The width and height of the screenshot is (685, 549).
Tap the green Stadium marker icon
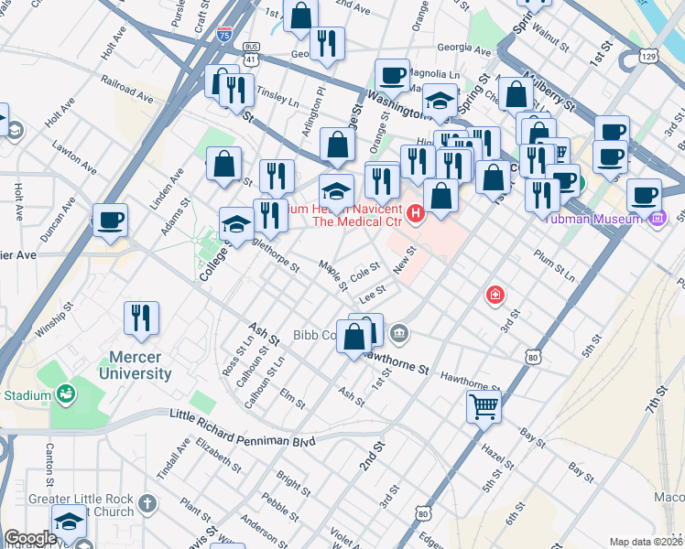tap(65, 394)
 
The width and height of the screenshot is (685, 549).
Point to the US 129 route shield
tap(647, 56)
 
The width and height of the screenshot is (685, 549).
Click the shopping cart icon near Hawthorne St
tap(484, 404)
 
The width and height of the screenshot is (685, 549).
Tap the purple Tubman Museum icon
tap(658, 219)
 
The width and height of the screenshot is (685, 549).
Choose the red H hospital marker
tap(416, 215)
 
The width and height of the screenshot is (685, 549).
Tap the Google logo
tap(30, 538)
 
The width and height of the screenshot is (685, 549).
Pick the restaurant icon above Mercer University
tap(141, 317)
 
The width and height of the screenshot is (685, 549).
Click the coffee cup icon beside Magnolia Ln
tap(392, 75)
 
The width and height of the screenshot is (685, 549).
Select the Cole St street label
tap(364, 271)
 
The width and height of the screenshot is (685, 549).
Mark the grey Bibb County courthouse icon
tap(398, 332)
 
